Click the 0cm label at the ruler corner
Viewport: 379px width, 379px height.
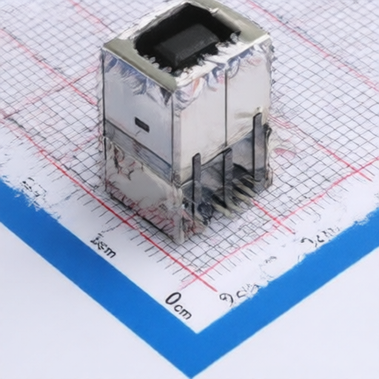pos(178,304)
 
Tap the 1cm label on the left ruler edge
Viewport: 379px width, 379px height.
pos(102,245)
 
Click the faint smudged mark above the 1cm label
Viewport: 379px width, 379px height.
pos(31,191)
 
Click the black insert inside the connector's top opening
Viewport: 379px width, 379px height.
pos(185,41)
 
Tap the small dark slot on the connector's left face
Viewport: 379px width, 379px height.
pos(141,125)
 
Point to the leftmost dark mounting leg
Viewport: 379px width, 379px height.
pos(197,185)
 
